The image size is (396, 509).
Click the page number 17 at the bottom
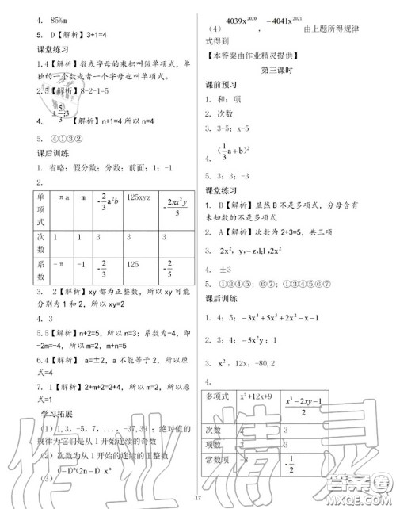(x=200, y=497)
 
